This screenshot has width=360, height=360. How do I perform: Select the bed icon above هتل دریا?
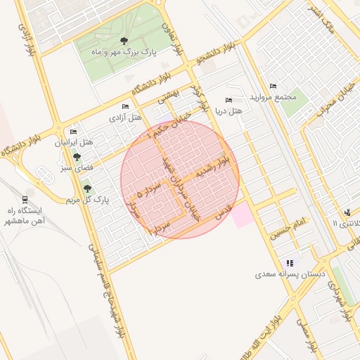tap(228, 100)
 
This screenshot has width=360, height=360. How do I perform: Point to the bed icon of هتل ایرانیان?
tap(73, 131)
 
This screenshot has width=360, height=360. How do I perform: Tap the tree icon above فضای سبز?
tap(76, 157)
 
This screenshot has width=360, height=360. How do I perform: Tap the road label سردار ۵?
tap(150, 190)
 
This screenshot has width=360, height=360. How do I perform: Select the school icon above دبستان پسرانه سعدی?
tap(290, 263)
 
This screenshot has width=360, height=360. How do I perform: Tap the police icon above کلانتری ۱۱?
tap(347, 212)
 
